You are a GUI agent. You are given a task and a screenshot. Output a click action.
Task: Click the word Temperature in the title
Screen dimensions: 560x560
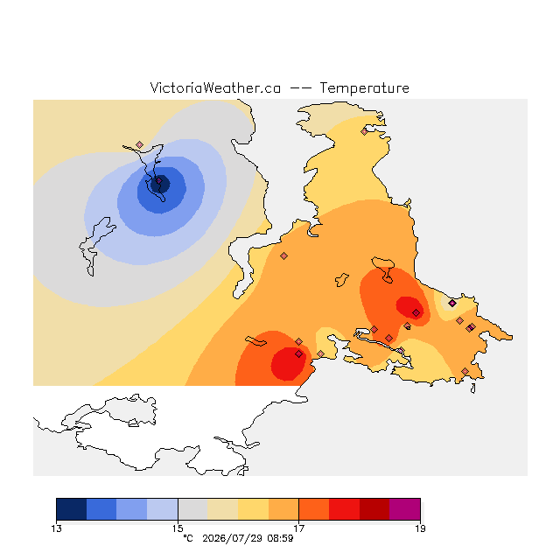pyautogui.click(x=364, y=88)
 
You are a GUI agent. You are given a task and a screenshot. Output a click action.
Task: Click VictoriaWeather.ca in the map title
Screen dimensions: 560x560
pyautogui.click(x=215, y=88)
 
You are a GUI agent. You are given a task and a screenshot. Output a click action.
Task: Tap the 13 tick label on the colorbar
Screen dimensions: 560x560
pyautogui.click(x=56, y=528)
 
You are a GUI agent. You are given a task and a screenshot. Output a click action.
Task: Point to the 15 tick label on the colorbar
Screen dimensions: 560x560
pyautogui.click(x=178, y=528)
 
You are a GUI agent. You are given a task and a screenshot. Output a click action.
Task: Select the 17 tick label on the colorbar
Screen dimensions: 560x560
pyautogui.click(x=298, y=528)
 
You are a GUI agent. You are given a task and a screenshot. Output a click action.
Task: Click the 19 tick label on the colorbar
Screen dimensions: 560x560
pyautogui.click(x=420, y=528)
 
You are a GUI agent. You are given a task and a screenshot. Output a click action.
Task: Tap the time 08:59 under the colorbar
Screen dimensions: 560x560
pyautogui.click(x=280, y=539)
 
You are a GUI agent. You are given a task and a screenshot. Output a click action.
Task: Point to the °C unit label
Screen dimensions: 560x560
pyautogui.click(x=188, y=539)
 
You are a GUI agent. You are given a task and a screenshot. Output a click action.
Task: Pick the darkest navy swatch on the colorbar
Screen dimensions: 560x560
pyautogui.click(x=72, y=509)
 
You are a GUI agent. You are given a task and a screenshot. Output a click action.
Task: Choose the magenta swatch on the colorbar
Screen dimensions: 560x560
pyautogui.click(x=404, y=509)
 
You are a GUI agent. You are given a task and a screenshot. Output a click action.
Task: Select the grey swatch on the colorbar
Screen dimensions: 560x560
pyautogui.click(x=192, y=509)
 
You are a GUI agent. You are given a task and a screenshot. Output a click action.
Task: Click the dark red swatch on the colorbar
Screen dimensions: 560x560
pyautogui.click(x=374, y=509)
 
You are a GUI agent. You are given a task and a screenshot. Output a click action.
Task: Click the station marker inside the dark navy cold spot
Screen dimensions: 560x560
pyautogui.click(x=159, y=181)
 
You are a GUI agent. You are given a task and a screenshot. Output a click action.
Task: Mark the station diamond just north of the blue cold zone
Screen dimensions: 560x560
pyautogui.click(x=140, y=144)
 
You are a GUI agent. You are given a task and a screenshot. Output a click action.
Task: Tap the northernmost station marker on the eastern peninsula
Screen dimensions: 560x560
pyautogui.click(x=364, y=132)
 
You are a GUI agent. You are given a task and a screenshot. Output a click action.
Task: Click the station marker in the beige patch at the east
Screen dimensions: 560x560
pyautogui.click(x=452, y=304)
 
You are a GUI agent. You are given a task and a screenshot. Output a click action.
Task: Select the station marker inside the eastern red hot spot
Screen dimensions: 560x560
pyautogui.click(x=416, y=313)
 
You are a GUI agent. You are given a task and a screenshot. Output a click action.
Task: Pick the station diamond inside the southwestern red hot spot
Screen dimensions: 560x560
pyautogui.click(x=299, y=353)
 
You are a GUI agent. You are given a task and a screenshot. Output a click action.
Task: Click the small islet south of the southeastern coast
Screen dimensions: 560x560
pyautogui.click(x=472, y=388)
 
